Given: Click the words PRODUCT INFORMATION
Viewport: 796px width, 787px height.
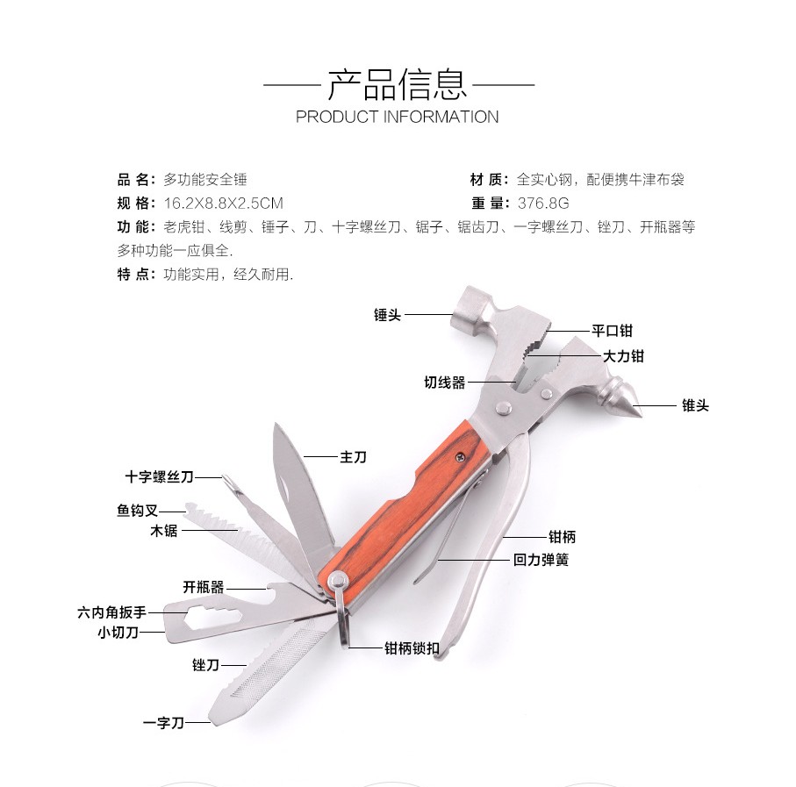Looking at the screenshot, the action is click(x=398, y=117).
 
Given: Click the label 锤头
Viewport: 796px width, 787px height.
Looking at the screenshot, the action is click(x=387, y=315).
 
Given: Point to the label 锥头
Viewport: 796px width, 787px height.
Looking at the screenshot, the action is click(x=694, y=405).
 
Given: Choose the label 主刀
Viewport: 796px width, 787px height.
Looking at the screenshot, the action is click(x=352, y=456).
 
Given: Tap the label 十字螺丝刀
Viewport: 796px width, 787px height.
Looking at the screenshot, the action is click(x=159, y=477).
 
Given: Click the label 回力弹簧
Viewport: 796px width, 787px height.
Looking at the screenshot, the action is click(x=541, y=559).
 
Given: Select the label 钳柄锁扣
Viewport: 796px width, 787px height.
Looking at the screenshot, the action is click(x=412, y=648).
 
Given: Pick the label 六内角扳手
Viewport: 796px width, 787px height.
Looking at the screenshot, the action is click(x=111, y=612).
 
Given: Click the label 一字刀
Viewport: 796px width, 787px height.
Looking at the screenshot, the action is click(x=163, y=722).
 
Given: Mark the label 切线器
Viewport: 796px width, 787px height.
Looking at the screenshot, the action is click(x=445, y=383).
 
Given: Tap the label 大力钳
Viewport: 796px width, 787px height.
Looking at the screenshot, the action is click(x=623, y=356).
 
